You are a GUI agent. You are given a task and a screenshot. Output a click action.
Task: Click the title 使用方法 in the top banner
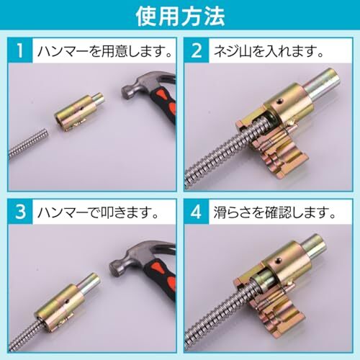tap(180, 17)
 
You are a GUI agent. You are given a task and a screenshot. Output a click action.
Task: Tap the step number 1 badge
tap(20, 50)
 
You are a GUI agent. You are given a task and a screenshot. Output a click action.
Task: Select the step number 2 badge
tap(197, 50)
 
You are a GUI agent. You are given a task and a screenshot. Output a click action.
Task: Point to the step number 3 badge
tap(20, 212)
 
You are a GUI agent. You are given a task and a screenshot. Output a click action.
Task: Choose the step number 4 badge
tap(197, 212)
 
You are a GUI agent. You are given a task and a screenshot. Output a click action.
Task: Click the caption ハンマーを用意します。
tap(105, 51)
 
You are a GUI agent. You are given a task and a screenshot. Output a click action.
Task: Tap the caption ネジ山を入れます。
tap(269, 51)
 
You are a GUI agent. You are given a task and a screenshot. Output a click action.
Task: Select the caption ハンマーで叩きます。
tap(99, 212)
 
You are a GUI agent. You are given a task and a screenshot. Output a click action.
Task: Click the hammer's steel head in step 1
tap(146, 84)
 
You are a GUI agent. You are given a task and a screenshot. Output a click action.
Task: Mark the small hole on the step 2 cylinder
tap(279, 103)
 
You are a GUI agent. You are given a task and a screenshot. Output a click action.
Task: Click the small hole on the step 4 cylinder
tap(279, 260)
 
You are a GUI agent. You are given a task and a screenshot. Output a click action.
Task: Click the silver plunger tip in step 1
tap(99, 99)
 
